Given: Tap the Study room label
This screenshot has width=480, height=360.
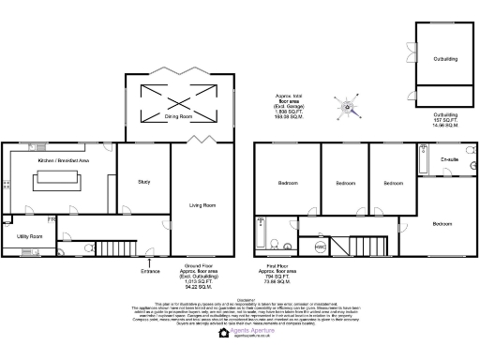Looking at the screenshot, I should (143, 181).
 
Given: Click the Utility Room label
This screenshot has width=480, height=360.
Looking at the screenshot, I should (29, 236).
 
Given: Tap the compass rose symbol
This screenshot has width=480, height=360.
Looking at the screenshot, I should (348, 107).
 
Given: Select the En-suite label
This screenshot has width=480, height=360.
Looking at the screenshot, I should (449, 161).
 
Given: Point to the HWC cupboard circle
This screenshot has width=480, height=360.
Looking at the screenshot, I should (320, 247).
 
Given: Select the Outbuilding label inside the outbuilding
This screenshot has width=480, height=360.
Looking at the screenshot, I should (444, 59).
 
